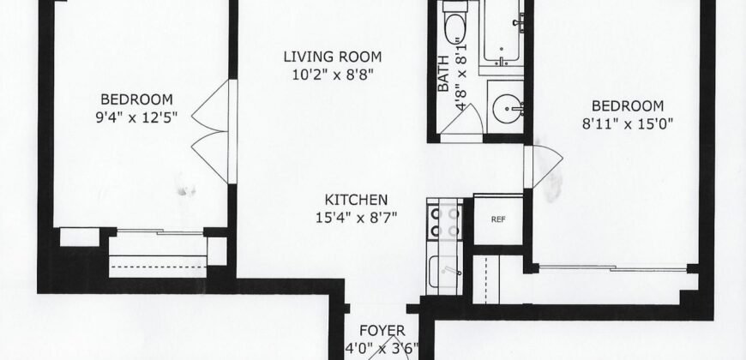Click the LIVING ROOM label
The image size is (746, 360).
(x=333, y=57)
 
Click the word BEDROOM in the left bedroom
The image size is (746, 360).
(x=136, y=98)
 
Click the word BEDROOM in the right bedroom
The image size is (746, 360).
(x=629, y=105)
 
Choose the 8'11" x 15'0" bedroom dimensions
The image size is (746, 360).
(x=629, y=122)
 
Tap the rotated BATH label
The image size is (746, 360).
(x=443, y=81)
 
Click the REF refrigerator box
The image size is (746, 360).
(x=497, y=219)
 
